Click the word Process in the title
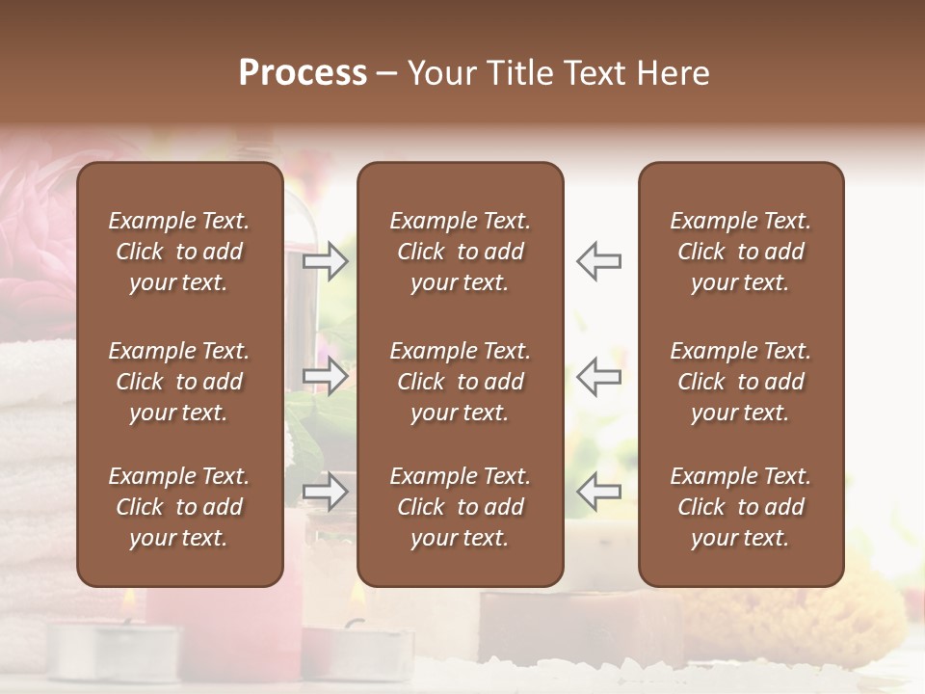(303, 73)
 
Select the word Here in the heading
(674, 73)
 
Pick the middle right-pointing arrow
(326, 376)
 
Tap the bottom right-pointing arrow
(326, 492)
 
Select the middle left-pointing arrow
(598, 376)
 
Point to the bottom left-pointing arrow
(598, 492)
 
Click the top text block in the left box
(179, 252)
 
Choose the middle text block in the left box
(179, 382)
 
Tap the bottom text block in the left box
(179, 507)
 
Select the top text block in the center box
(461, 252)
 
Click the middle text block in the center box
(461, 382)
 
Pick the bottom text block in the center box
(461, 507)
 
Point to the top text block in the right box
(741, 252)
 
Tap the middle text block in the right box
(741, 382)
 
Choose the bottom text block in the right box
(741, 507)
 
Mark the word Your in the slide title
(439, 73)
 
